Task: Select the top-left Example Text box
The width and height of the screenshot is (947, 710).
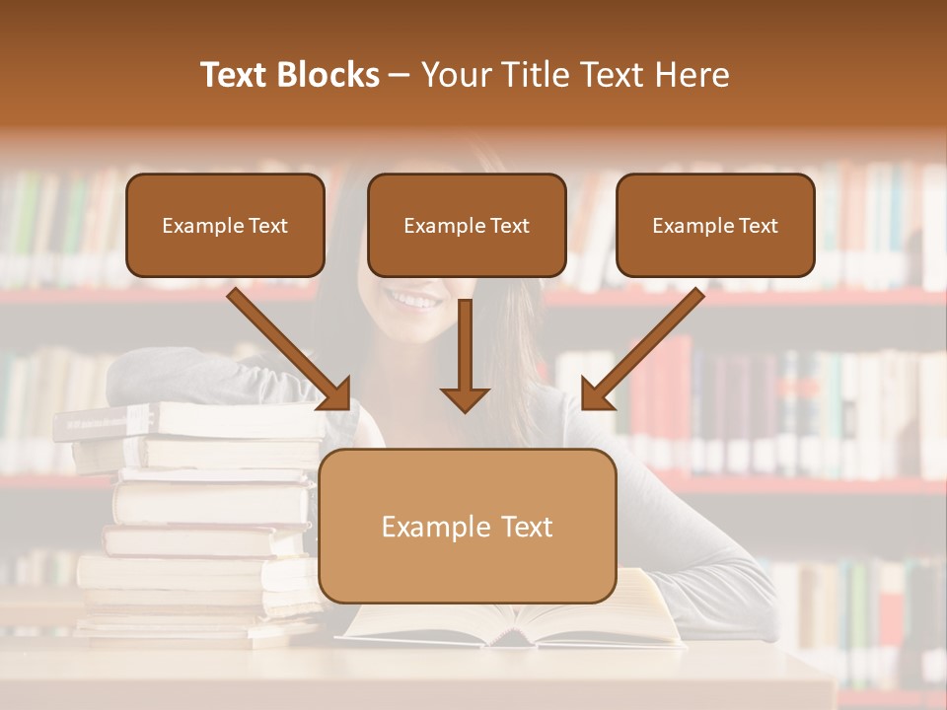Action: [x=225, y=225]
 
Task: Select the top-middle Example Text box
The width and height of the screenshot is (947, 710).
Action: [x=467, y=225]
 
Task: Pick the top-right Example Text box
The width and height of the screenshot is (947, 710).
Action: [x=715, y=225]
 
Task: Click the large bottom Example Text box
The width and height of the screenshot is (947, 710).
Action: [x=467, y=526]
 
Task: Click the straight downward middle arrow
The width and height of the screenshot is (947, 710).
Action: [x=465, y=350]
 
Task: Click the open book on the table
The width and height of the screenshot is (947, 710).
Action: [x=513, y=621]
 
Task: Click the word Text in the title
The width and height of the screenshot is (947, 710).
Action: [x=236, y=75]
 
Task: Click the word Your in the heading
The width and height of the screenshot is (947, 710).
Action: [x=456, y=75]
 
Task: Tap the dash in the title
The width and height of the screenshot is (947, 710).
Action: [x=401, y=76]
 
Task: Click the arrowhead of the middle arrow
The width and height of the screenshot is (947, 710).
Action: [x=465, y=398]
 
